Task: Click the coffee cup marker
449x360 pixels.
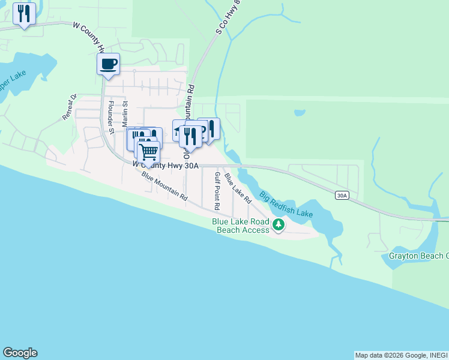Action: pos(108,64)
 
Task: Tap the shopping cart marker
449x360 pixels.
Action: pos(148,151)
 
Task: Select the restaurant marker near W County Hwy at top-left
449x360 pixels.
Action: pos(24,14)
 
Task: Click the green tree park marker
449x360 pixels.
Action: pos(278,225)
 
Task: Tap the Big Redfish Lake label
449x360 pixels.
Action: pos(286,204)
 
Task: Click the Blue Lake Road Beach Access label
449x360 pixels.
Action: pos(240,226)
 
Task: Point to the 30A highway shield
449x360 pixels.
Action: pos(342,195)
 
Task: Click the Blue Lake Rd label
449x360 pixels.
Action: pos(237,187)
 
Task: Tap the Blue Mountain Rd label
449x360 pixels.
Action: pos(164,186)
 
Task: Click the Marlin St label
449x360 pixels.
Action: pos(126,112)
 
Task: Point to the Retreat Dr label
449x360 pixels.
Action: pos(70,107)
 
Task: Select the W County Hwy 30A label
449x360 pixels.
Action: pos(165,164)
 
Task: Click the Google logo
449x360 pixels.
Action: pos(20,353)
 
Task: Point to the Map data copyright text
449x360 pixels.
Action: pos(401,355)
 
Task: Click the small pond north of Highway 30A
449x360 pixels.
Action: pos(299,112)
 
